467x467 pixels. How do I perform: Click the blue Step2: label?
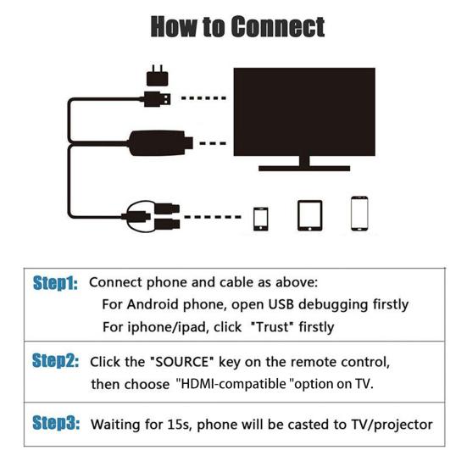click(x=56, y=361)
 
